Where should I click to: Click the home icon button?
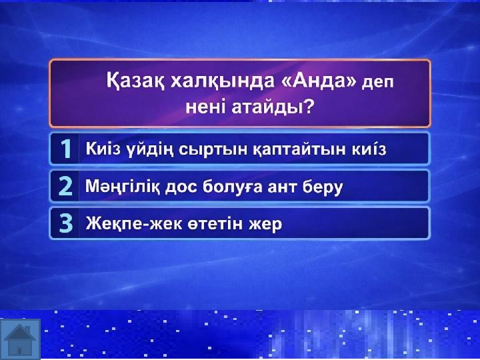pos(20,339)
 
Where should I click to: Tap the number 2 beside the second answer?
pos(65,186)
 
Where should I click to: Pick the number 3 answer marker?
pos(66,224)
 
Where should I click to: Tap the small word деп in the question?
pos(377,83)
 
